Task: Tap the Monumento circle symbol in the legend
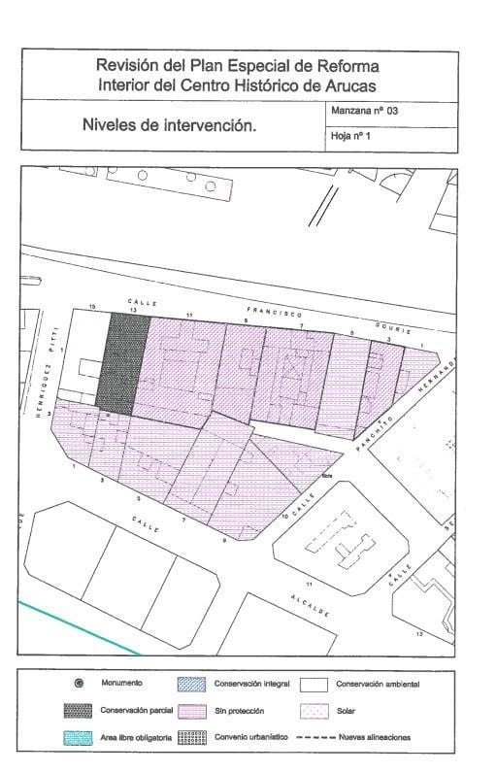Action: coord(80,685)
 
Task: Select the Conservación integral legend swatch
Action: coord(193,685)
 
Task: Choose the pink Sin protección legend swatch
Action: coord(193,711)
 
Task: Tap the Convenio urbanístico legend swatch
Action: coord(193,737)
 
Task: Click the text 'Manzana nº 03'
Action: coord(365,112)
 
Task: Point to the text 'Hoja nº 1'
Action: coord(351,137)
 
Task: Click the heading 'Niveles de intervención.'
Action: coord(169,124)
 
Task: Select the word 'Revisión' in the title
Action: coord(128,66)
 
